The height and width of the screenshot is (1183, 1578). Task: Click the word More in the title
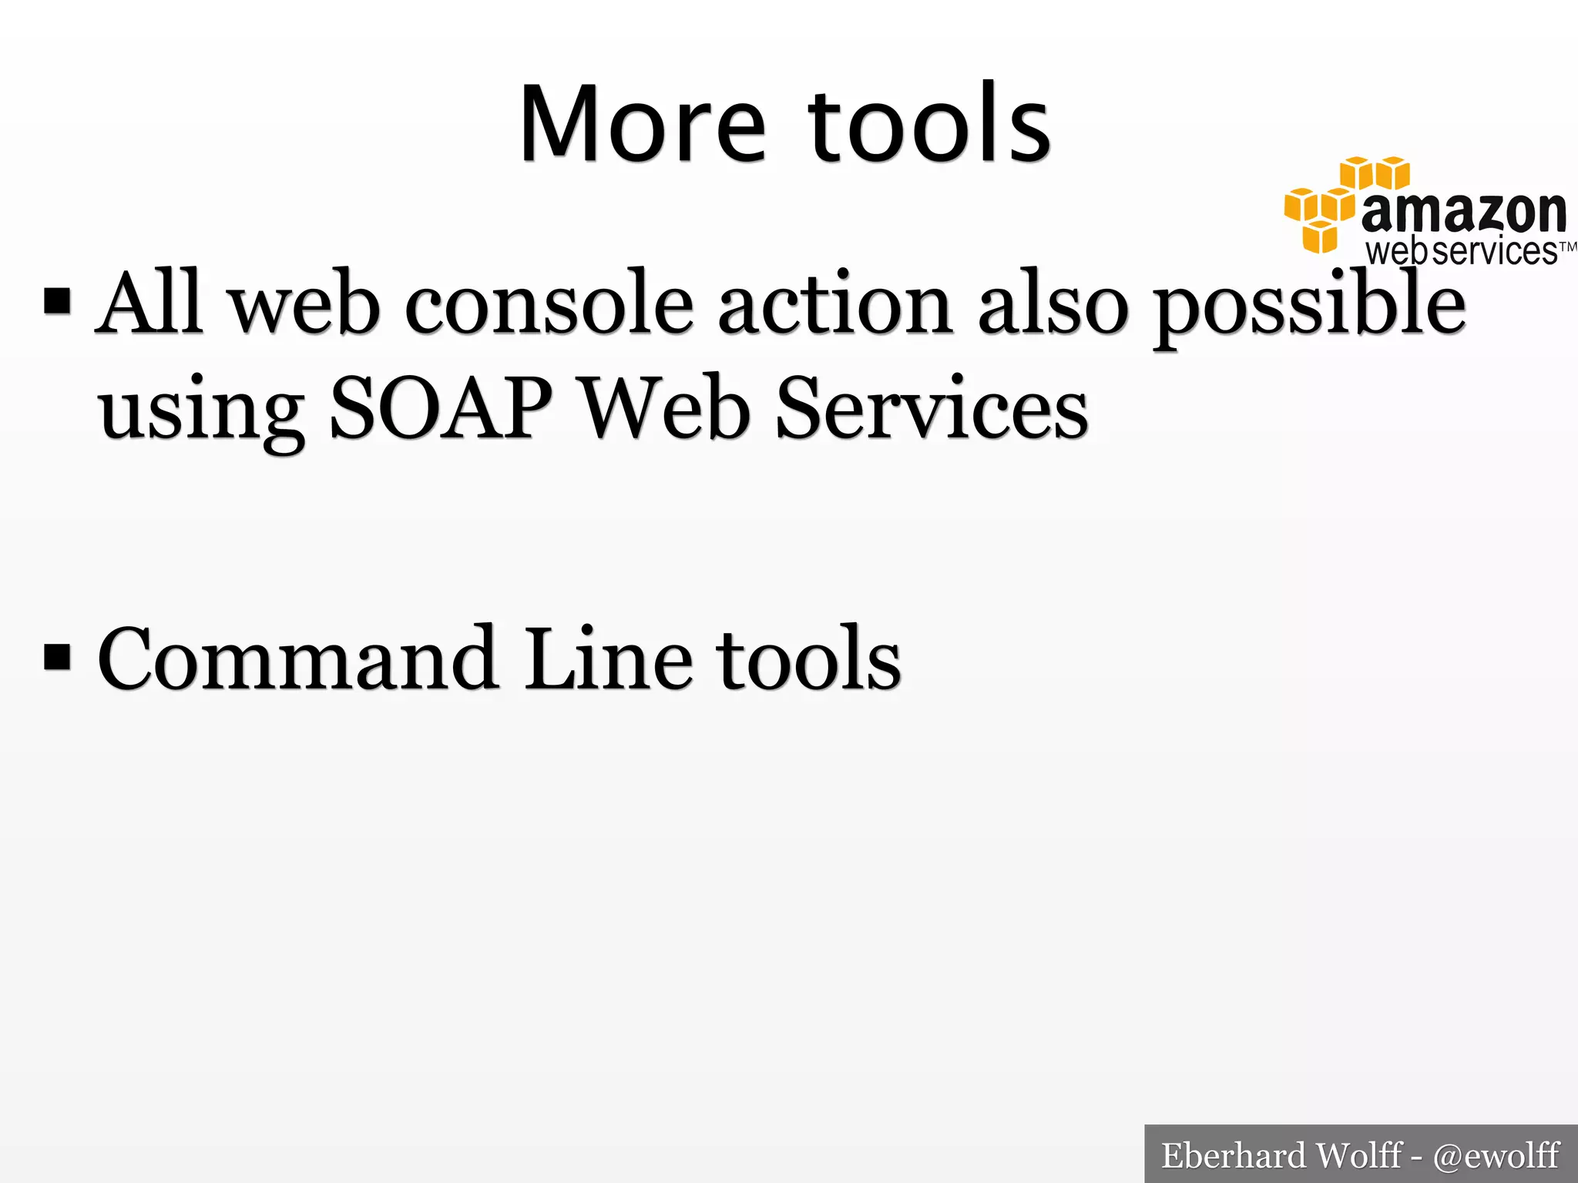click(x=643, y=125)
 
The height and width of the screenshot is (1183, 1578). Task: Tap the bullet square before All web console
click(x=58, y=302)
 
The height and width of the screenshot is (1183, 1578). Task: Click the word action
click(x=834, y=305)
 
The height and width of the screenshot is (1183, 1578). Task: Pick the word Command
click(x=297, y=659)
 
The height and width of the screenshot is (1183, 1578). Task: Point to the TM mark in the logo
click(x=1567, y=247)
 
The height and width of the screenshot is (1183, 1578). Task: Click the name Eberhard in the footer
click(x=1233, y=1155)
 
